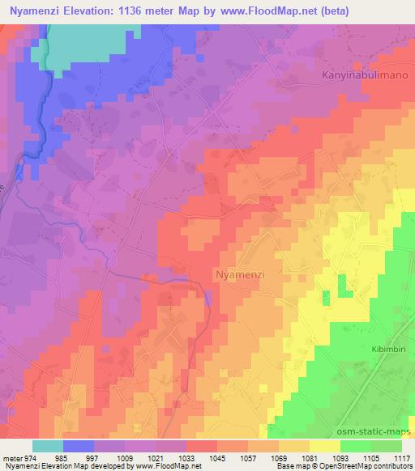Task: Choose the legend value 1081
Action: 310,458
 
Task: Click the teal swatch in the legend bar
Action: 48,446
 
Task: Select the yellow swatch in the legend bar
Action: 325,446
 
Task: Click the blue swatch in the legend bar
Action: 79,446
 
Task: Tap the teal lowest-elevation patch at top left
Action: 81,40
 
